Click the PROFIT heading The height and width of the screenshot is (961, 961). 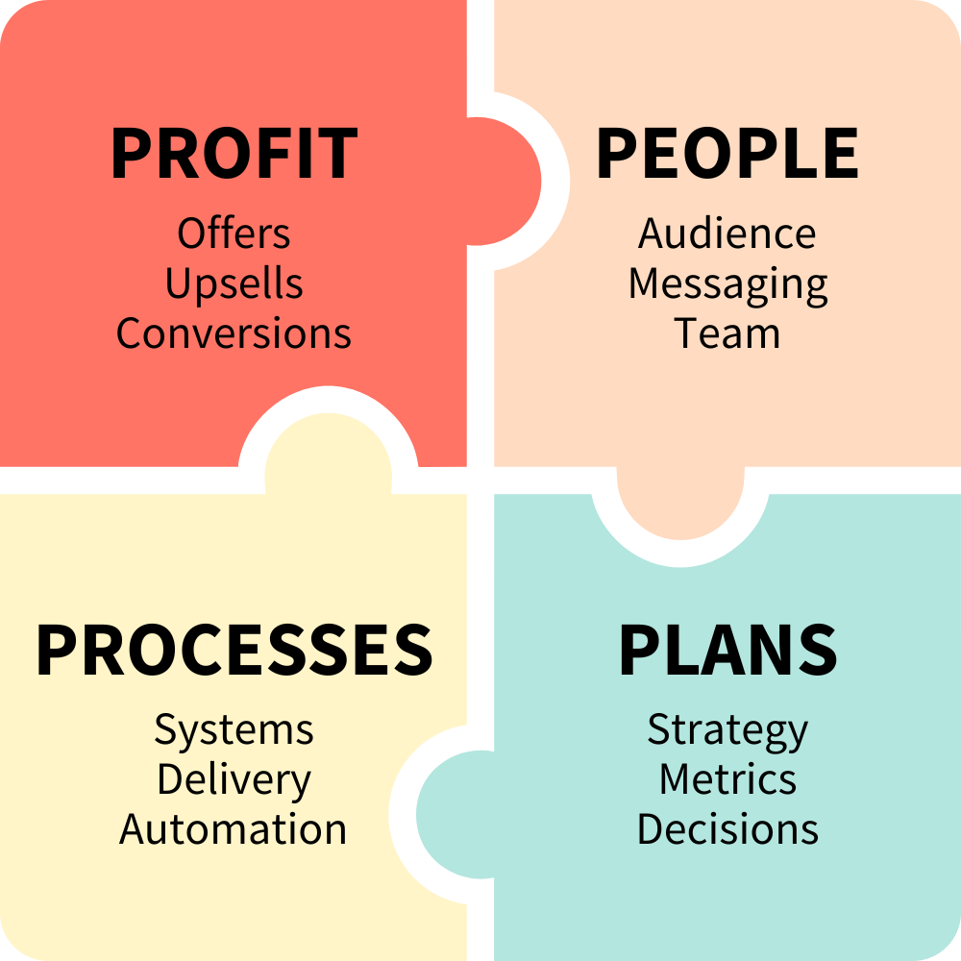point(234,154)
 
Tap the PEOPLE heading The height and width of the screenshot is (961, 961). point(727,154)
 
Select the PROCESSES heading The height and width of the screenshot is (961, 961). point(234,650)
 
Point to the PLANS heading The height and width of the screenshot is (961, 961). point(727,650)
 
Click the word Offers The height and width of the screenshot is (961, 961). point(234,234)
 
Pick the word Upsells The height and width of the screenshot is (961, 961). point(234,284)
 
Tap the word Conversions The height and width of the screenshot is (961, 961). point(234,333)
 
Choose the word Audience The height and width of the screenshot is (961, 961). point(727,234)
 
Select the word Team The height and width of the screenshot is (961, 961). point(727,333)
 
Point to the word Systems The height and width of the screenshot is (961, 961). point(234,731)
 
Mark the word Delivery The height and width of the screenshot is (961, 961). point(234,780)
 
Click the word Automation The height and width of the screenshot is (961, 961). point(234,829)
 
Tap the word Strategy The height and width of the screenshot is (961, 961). point(727,731)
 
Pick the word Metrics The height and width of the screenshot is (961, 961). point(727,779)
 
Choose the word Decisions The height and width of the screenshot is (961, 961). point(727,829)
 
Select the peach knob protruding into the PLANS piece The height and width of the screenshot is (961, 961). point(679,504)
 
